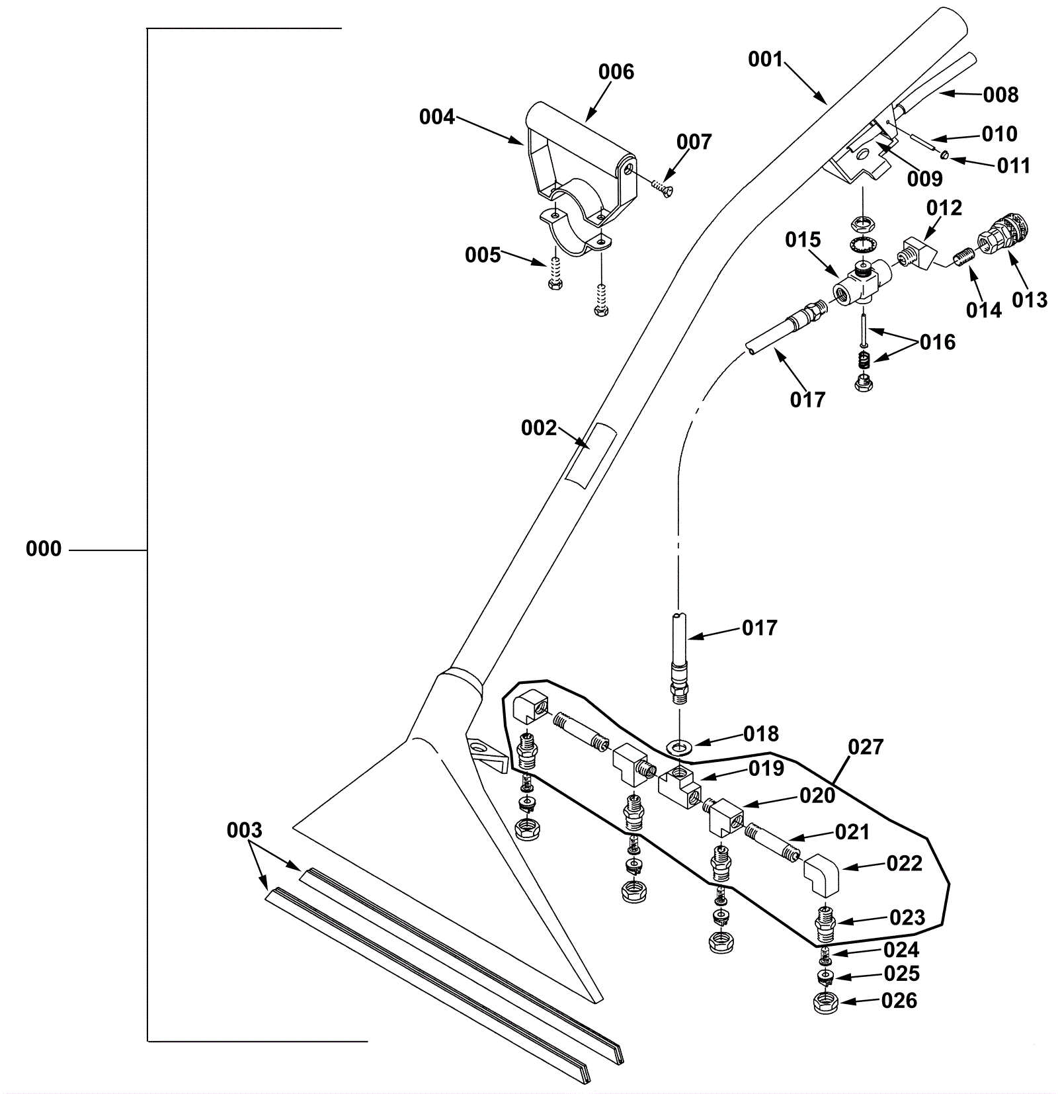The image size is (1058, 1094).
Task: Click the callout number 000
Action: [44, 549]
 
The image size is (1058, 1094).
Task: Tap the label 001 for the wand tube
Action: [765, 60]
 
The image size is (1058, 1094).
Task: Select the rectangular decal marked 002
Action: [590, 456]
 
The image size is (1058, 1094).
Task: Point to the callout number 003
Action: [245, 830]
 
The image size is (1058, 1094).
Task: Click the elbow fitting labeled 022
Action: [821, 874]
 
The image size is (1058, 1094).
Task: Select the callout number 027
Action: [866, 747]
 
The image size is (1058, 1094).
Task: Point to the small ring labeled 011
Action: [945, 155]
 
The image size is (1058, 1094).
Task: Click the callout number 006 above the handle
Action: [616, 71]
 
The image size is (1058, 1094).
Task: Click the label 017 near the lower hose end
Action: [760, 628]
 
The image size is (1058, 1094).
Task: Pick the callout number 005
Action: [483, 255]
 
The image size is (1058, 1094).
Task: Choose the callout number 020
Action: [818, 796]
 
